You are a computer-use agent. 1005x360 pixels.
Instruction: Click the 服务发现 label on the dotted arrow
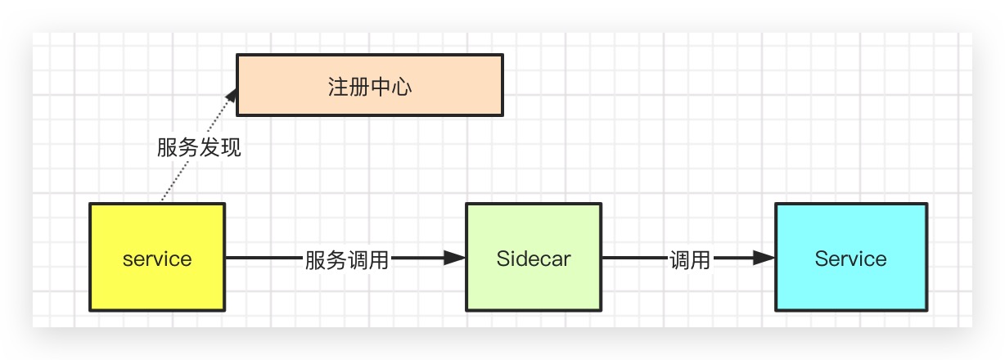click(x=199, y=148)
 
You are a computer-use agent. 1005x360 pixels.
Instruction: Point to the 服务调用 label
click(x=346, y=260)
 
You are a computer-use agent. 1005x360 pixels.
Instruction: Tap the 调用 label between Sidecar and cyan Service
click(x=690, y=260)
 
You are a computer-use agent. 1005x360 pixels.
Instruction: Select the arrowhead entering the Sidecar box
click(x=454, y=259)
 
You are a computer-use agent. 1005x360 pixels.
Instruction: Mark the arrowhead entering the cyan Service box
click(x=764, y=259)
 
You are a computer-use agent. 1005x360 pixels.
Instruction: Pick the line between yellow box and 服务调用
click(x=262, y=259)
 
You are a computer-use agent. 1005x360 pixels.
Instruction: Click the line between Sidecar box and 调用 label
click(x=632, y=259)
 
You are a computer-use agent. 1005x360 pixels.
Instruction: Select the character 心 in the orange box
click(x=401, y=86)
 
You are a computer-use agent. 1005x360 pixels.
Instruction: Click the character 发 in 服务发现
click(x=210, y=148)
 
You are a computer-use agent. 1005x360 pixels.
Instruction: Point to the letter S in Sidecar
click(x=502, y=259)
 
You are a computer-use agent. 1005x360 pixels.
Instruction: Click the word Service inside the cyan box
click(x=850, y=259)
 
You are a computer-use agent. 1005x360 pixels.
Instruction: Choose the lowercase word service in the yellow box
click(x=156, y=259)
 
